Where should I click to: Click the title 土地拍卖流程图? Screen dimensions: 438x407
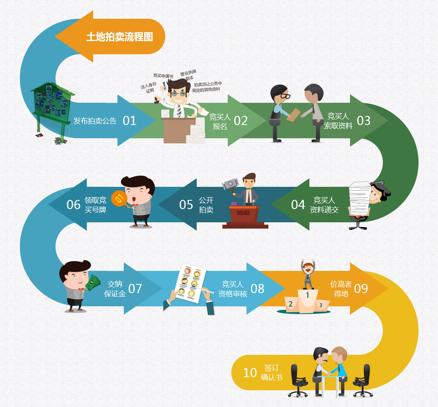119,37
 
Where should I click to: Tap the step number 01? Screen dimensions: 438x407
130,121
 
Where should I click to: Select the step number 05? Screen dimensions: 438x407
186,205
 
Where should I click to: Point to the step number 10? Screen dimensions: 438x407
250,373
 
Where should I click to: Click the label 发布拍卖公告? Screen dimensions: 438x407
95,121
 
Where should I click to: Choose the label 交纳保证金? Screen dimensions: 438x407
115,289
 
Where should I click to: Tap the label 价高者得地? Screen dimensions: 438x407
341,289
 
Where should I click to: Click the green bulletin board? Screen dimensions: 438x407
52,104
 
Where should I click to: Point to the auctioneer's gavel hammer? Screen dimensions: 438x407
231,185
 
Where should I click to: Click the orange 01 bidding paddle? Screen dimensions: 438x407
120,199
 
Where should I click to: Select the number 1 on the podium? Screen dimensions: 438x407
307,295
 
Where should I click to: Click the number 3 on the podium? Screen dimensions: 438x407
321,305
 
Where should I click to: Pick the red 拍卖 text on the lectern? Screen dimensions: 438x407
243,213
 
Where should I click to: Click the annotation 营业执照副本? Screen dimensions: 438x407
189,75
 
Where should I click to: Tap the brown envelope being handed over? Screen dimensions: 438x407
293,115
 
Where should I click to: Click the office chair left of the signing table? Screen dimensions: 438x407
298,380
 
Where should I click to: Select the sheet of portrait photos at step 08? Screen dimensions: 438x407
189,283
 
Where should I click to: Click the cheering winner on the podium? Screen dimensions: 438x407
308,274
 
